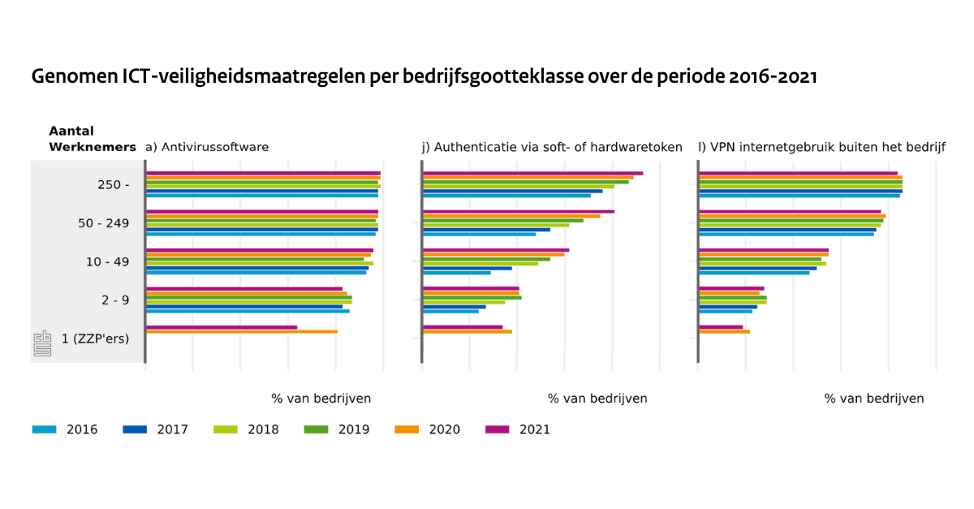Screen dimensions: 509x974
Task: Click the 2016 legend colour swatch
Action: [x=44, y=429]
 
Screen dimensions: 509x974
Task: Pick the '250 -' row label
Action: [x=114, y=184]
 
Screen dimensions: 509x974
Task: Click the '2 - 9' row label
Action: [x=116, y=300]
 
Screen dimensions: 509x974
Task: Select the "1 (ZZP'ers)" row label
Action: [x=96, y=339]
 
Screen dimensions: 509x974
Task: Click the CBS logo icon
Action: [x=41, y=343]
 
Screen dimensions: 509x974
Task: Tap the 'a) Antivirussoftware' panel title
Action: [x=206, y=147]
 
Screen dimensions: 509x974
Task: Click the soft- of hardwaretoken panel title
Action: [x=552, y=147]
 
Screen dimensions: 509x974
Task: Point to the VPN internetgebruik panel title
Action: [x=821, y=147]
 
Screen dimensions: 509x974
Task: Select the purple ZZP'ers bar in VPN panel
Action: [x=721, y=327]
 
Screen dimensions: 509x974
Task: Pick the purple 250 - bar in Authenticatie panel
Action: [x=532, y=173]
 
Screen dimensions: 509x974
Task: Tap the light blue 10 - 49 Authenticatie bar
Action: [x=457, y=272]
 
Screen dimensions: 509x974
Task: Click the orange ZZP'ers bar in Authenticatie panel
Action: [x=468, y=331]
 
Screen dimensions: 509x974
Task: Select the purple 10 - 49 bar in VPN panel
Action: [x=764, y=250]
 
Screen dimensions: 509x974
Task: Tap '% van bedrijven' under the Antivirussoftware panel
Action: [x=321, y=399]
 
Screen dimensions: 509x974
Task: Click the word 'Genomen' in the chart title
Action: [x=74, y=77]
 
